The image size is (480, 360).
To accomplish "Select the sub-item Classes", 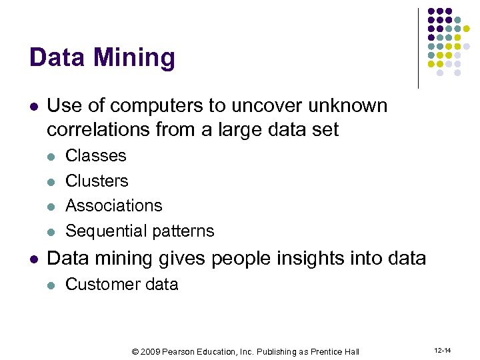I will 96,155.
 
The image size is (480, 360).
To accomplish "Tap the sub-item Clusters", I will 97,181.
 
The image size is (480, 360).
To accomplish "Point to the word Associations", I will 114,205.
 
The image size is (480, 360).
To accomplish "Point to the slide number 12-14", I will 442,351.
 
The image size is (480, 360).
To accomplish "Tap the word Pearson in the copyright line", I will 178,351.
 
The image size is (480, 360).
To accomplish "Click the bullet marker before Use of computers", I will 34,107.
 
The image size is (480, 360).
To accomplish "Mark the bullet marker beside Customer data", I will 51,285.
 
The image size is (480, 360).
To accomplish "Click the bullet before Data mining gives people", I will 34,259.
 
